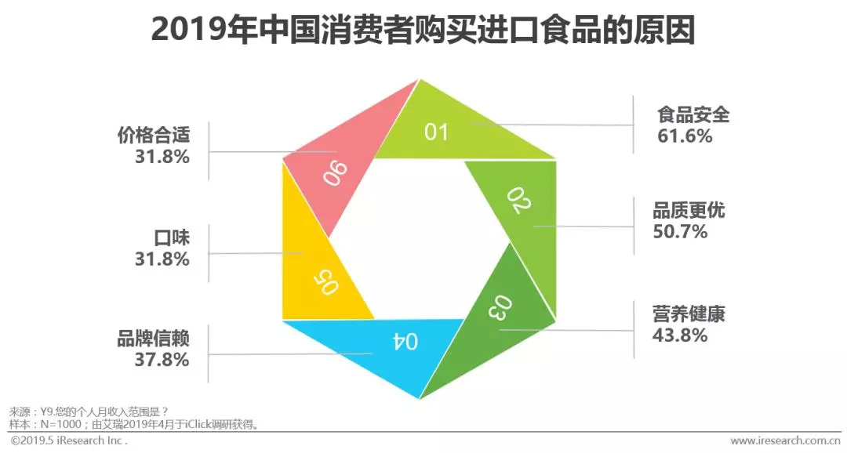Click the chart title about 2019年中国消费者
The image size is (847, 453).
coord(423,31)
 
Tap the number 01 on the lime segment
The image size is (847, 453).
coord(436,131)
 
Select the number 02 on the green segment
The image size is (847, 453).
coord(519,201)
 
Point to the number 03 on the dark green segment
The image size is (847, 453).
coord(503,307)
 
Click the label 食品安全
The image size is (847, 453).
coord(693,114)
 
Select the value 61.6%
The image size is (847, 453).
coord(685,136)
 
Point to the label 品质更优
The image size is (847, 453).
coord(689,210)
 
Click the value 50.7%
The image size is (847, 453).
coord(680,231)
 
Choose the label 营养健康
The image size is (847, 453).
coord(689,313)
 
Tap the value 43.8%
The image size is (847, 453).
coord(680,335)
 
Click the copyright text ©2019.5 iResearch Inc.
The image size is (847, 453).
coord(69,441)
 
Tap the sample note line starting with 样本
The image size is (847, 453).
coord(133,424)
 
